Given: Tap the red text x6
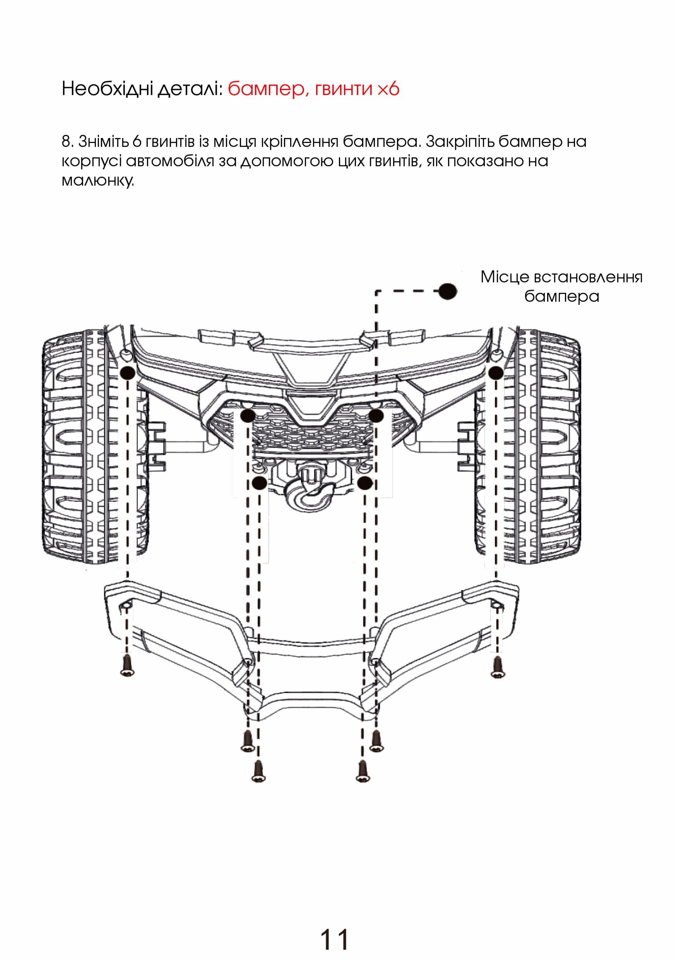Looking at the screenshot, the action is (x=388, y=89).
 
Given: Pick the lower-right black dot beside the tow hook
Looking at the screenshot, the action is (x=365, y=483).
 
